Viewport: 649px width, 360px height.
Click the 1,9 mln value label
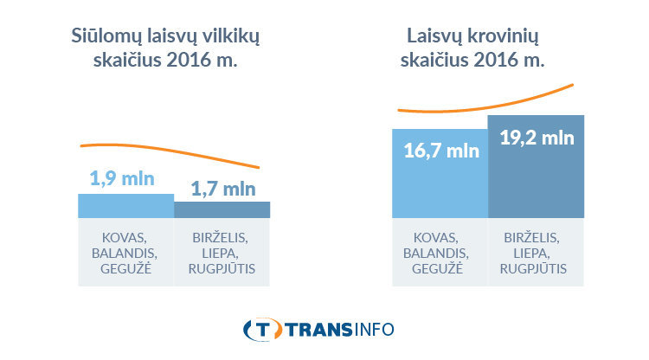click(122, 180)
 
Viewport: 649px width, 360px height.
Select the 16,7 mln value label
click(440, 151)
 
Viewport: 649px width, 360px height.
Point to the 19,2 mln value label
click(537, 137)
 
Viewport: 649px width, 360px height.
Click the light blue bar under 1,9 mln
click(125, 205)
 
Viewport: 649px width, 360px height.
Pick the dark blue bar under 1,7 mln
click(222, 209)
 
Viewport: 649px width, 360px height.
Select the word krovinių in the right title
click(504, 37)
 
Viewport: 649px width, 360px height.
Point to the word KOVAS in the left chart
click(125, 237)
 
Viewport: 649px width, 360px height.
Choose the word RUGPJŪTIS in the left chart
click(222, 268)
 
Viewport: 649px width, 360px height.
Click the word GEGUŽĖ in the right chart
click(440, 268)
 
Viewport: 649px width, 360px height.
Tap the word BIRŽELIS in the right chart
click(537, 237)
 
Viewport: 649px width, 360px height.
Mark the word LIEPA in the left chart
click(222, 253)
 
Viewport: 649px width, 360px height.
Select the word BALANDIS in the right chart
click(440, 253)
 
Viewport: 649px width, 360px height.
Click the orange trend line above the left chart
click(173, 149)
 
